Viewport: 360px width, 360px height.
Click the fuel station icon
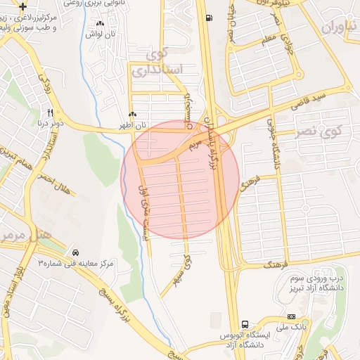click(x=208, y=18)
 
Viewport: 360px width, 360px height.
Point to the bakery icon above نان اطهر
click(x=132, y=114)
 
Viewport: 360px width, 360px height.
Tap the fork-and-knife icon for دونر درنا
click(x=50, y=112)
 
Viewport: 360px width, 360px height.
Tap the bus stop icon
click(x=245, y=324)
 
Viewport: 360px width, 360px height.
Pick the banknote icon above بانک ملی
click(x=292, y=317)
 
